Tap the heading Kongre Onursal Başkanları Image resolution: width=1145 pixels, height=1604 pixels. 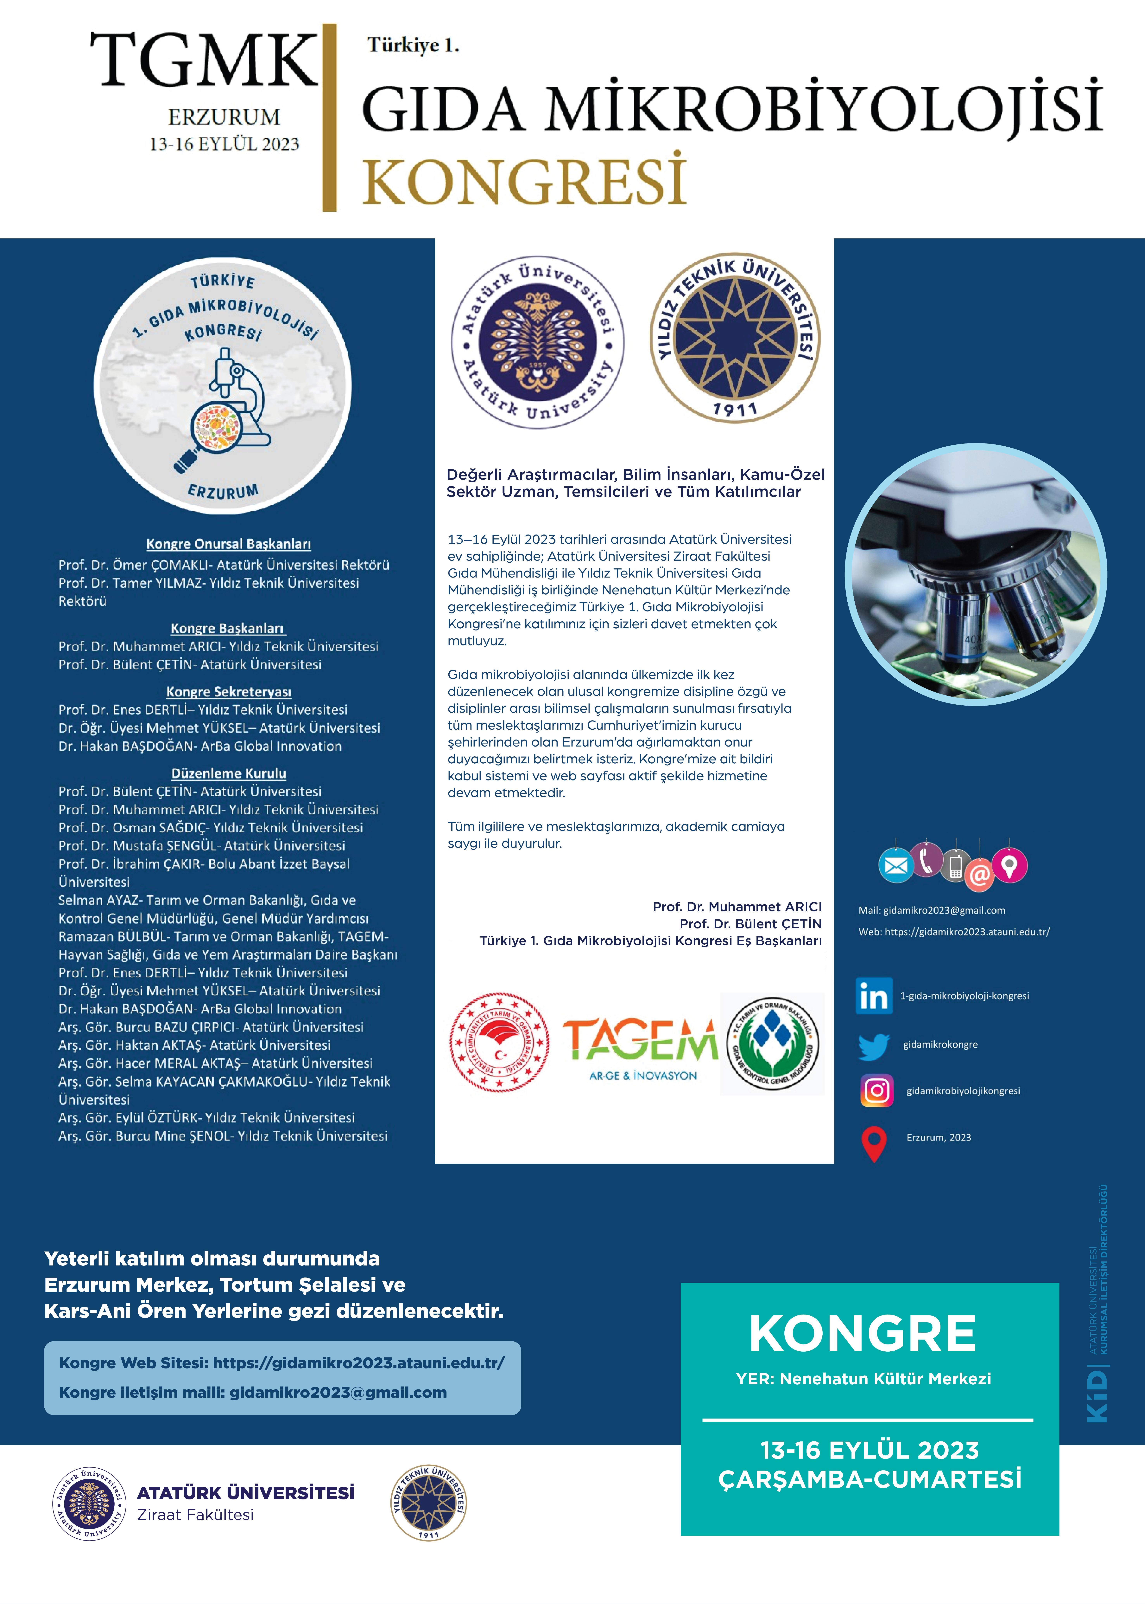pyautogui.click(x=228, y=544)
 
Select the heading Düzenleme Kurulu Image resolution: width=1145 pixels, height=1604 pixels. pyautogui.click(x=228, y=773)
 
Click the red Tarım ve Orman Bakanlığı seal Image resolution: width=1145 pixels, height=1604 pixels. pyautogui.click(x=499, y=1043)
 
